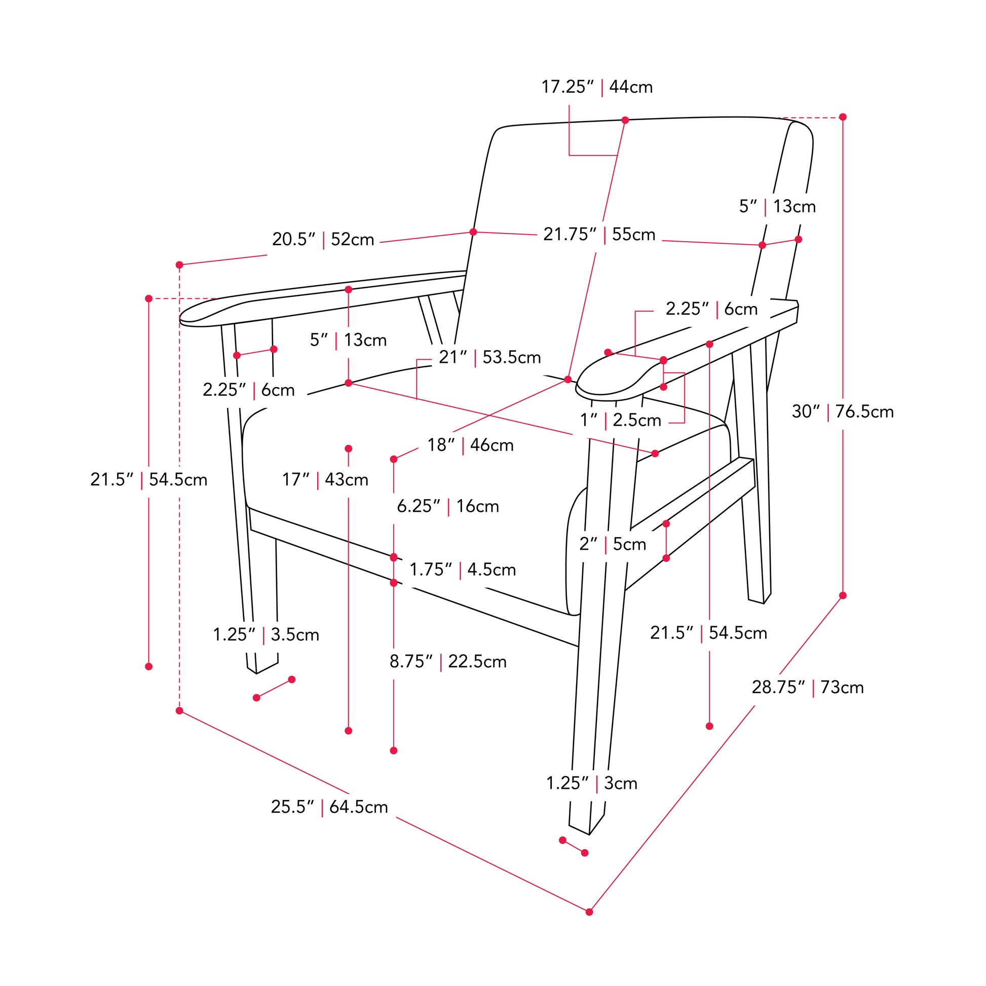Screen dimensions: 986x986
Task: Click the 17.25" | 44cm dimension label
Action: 596,87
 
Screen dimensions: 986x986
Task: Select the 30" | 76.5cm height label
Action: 843,411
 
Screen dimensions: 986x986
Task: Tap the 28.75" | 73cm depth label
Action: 807,688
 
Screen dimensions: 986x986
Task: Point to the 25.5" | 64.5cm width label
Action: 329,807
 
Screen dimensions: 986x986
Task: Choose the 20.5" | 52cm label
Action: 323,239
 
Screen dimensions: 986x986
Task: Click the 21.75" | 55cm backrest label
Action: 599,235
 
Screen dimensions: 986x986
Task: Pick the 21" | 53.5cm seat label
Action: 490,357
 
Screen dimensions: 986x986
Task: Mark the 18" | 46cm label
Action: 471,445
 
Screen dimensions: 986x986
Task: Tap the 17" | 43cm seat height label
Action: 325,480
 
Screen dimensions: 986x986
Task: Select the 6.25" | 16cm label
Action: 448,506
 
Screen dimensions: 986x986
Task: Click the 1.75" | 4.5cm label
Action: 463,570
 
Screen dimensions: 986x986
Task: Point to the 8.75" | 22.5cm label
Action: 448,662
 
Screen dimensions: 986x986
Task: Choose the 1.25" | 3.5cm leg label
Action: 266,635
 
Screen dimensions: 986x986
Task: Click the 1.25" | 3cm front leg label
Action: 592,783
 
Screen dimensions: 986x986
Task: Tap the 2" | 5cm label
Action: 613,545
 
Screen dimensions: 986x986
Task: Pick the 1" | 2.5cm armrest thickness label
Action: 621,421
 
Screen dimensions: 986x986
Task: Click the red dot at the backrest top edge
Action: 625,121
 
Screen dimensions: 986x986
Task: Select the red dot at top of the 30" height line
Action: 843,118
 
